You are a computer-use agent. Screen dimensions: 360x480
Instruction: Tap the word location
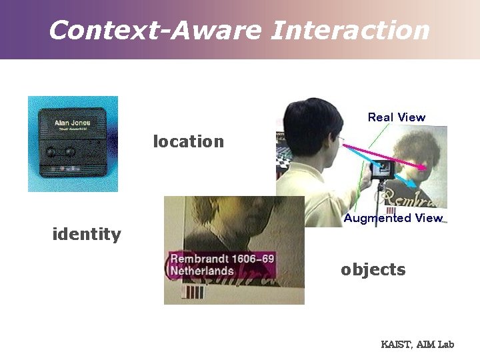pos(189,141)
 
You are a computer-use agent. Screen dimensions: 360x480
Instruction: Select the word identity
pos(87,234)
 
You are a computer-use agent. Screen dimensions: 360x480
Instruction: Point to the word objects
pos(373,269)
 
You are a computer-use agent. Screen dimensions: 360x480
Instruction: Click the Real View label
pos(396,117)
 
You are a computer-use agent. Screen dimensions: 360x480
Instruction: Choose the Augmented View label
pos(393,218)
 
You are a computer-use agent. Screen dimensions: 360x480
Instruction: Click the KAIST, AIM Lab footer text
pos(417,345)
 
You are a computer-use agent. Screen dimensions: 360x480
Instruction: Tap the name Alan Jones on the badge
pos(73,123)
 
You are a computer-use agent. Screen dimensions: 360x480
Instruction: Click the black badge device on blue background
pos(73,143)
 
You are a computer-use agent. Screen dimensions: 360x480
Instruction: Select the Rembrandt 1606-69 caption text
pos(222,259)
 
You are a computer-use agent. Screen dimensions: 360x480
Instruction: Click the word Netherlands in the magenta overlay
pos(202,271)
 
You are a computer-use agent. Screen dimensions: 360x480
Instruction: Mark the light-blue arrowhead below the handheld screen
pos(415,183)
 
